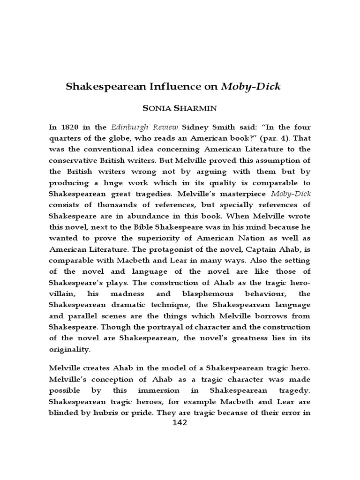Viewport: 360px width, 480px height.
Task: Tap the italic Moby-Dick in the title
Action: (x=251, y=87)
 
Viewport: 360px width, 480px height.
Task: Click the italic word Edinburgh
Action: (x=129, y=127)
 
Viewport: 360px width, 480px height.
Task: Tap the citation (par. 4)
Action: (x=273, y=138)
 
